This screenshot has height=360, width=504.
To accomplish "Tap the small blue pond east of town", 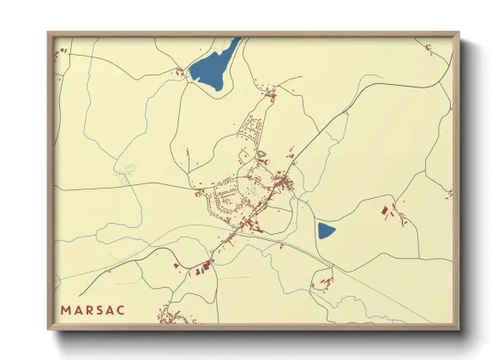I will [326, 230].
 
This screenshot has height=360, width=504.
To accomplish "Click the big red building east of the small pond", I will [385, 209].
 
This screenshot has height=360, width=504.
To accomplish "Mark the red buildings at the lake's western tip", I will [183, 75].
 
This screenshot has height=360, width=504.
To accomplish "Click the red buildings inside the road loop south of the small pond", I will [324, 282].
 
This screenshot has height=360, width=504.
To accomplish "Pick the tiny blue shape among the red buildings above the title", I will [197, 270].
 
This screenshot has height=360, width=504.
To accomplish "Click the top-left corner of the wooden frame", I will [49, 33].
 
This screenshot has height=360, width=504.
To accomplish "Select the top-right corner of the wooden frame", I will [459, 33].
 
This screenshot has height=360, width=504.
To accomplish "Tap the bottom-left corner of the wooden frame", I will [49, 330].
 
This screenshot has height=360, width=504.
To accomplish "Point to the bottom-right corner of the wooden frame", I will [459, 330].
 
